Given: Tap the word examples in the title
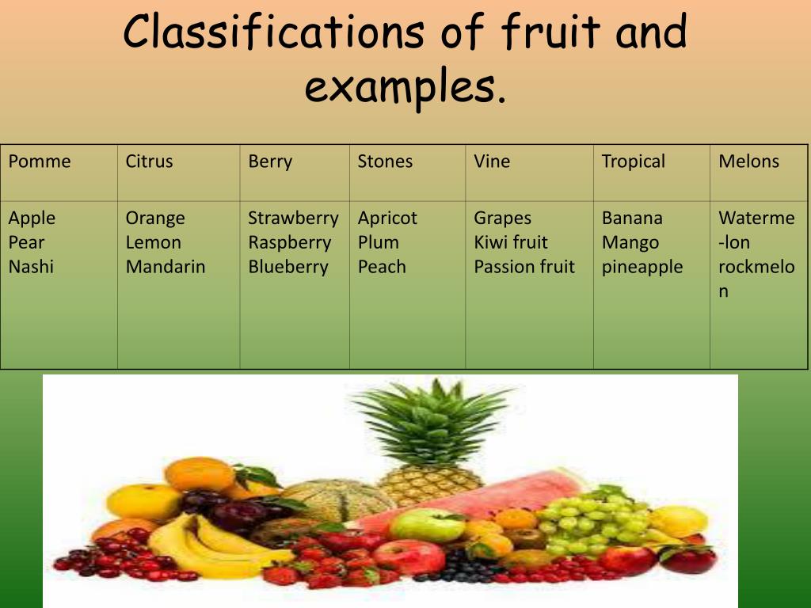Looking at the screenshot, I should click(404, 87).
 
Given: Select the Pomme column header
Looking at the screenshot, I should click(40, 161).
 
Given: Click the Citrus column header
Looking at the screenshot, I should click(149, 161).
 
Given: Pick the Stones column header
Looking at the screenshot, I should click(385, 161).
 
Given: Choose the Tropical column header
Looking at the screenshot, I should click(633, 161).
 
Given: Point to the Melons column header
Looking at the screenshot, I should click(748, 161).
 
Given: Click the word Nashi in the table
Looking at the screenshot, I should click(31, 267).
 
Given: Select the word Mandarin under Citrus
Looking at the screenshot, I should click(166, 267).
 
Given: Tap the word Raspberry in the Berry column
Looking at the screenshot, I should click(289, 242).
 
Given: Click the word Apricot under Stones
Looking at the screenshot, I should click(387, 218).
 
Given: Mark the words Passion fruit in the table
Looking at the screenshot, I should click(524, 267).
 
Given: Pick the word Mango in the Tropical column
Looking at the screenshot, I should click(630, 242).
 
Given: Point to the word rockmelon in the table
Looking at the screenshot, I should click(756, 268).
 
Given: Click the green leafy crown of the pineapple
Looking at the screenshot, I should click(432, 420).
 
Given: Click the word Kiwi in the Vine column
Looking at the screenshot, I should click(490, 242).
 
